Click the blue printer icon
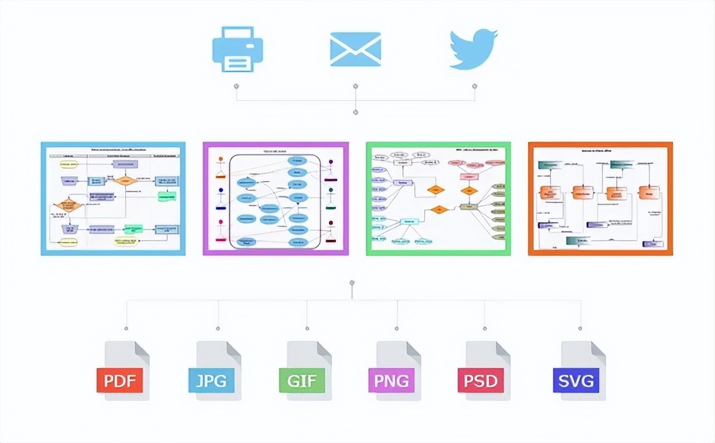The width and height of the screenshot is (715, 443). coord(237,49)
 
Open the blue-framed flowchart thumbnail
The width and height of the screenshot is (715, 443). coord(113,198)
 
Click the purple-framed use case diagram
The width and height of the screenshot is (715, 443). coord(275,198)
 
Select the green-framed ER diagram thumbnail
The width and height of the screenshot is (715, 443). coord(439,198)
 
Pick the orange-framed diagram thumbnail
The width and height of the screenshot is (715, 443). coord(601,198)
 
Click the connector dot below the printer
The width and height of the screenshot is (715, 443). coord(237,86)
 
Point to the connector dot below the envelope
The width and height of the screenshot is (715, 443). coord(356,86)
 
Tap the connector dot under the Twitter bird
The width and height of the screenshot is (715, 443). coord(475,86)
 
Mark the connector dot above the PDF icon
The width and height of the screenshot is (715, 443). coord(126,327)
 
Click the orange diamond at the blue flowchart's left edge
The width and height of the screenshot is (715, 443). coord(67,206)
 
